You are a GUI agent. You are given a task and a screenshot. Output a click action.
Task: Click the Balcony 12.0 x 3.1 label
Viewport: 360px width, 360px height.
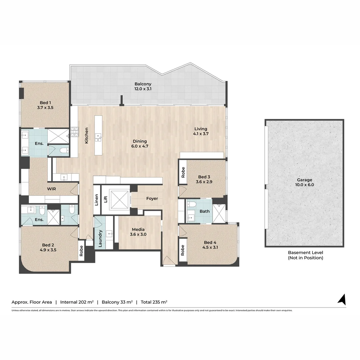[143, 86]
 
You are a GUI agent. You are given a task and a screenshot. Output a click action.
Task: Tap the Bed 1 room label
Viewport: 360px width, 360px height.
[45, 105]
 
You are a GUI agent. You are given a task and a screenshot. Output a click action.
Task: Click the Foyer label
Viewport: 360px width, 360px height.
[152, 198]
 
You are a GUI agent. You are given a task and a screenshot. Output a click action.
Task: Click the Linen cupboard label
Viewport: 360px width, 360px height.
[96, 200]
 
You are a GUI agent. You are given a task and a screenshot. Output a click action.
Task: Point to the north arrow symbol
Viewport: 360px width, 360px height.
[342, 299]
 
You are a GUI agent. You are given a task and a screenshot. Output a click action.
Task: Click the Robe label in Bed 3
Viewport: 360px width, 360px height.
[182, 172]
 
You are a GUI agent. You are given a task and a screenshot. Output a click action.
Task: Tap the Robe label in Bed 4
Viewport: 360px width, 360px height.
[182, 250]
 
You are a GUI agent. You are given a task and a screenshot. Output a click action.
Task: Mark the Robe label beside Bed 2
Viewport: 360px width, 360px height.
[81, 251]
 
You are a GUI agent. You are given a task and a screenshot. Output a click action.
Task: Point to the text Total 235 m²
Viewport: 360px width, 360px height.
[154, 302]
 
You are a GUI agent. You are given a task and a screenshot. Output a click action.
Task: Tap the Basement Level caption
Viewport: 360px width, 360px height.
[305, 255]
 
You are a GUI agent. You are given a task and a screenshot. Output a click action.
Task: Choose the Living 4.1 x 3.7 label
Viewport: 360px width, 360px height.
[201, 131]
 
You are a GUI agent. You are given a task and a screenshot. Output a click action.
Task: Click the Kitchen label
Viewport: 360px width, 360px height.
[87, 135]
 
